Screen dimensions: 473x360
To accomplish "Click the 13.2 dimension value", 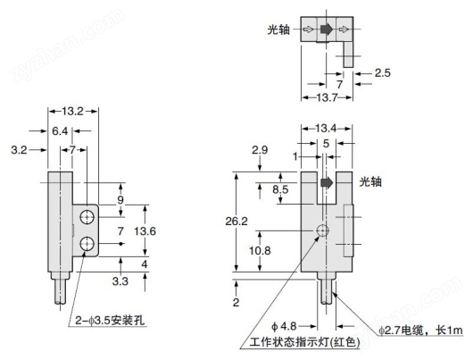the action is [72, 111].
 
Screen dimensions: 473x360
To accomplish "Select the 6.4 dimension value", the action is [60, 131].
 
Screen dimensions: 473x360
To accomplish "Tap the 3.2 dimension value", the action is [19, 150].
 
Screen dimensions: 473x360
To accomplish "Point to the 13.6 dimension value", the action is [145, 231].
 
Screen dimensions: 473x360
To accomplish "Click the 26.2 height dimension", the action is [236, 221].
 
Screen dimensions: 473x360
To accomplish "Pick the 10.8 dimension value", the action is [260, 250].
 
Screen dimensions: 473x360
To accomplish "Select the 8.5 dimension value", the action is [280, 189].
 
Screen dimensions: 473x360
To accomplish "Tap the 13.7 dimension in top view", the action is [327, 97].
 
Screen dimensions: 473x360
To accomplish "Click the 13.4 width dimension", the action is [326, 129].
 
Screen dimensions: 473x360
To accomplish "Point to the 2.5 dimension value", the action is [383, 72].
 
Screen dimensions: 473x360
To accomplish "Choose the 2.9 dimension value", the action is [260, 150].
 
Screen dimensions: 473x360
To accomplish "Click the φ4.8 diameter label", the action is [284, 326].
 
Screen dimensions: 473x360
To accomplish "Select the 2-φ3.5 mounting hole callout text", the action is [110, 321].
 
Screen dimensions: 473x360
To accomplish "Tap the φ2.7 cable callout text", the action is [421, 331].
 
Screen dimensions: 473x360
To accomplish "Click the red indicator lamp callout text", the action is [304, 342].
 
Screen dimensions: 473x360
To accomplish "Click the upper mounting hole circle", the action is [87, 217].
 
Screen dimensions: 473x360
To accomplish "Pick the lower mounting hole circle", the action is [87, 243].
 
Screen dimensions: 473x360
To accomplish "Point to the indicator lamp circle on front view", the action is [323, 231].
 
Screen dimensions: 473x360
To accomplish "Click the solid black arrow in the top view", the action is [327, 29].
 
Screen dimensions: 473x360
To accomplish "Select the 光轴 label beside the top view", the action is [278, 29].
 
